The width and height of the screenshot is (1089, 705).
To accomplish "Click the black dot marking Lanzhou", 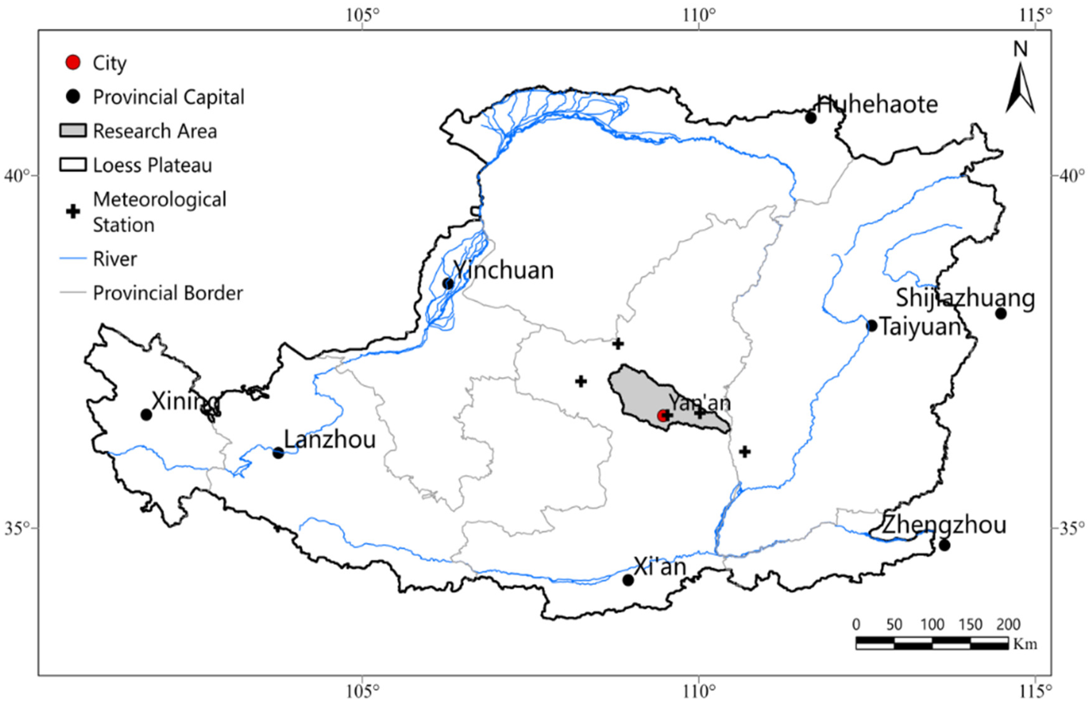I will point(278,453).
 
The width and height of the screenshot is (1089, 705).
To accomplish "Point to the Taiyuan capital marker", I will point(872,326).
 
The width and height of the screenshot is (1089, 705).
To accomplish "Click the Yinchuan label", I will point(503,270).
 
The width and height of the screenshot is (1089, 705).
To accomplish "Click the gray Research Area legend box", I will point(73,131).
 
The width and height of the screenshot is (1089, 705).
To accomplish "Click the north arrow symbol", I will point(1020,87).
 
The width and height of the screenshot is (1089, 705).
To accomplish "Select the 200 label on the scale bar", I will point(1008,625).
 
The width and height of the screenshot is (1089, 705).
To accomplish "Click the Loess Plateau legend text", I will point(152,165).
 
